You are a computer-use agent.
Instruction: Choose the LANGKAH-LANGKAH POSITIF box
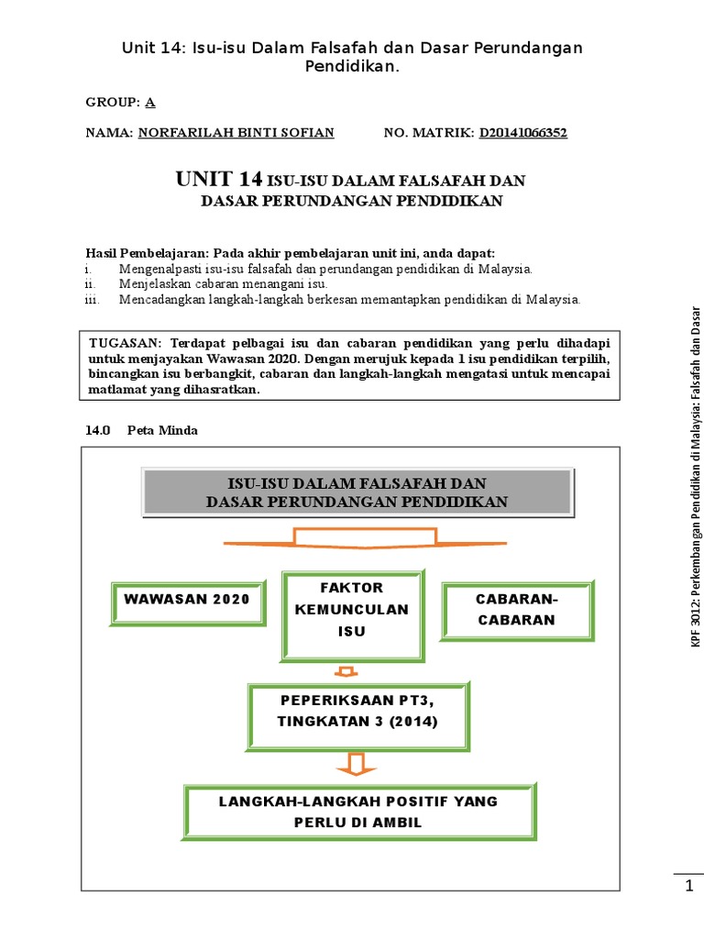[358, 811]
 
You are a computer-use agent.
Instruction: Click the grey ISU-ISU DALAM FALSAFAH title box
[357, 492]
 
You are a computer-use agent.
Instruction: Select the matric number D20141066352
[522, 133]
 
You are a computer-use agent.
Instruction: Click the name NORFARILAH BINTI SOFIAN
[236, 133]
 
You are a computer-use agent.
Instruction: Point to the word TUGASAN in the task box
[124, 343]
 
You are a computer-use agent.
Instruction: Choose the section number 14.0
[97, 430]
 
